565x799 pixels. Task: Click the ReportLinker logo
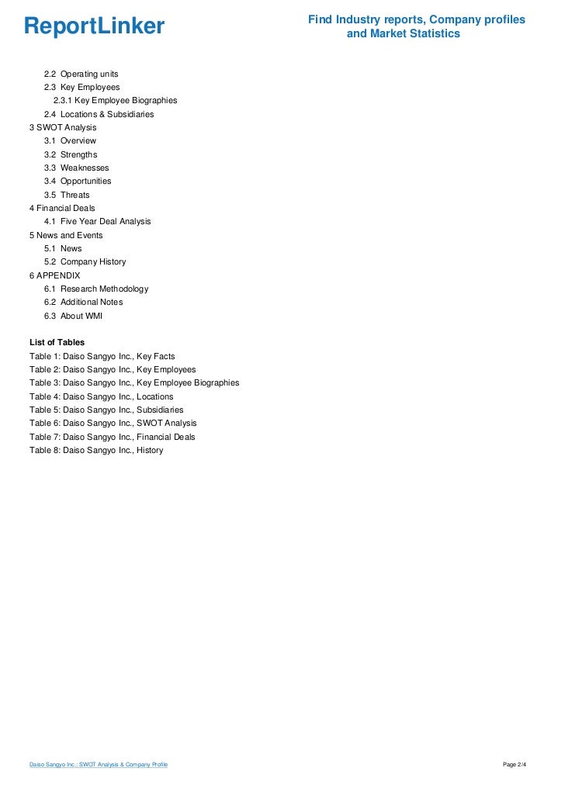coord(94,27)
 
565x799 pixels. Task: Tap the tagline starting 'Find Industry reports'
coord(416,26)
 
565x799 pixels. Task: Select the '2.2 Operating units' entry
coord(81,74)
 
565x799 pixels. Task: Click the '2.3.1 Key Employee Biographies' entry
coord(115,101)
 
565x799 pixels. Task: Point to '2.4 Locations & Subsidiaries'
coord(99,114)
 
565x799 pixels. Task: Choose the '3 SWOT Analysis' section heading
coord(63,127)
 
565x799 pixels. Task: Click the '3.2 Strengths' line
coord(71,154)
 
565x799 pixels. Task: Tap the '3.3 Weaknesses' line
coord(77,168)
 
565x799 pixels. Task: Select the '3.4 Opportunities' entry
coord(78,181)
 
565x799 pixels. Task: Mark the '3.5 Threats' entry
coord(67,195)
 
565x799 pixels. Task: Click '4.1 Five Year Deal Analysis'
coord(98,221)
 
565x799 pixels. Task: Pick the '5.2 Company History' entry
coord(85,261)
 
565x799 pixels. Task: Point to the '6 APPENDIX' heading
coord(54,275)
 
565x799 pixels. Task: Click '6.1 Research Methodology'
coord(97,289)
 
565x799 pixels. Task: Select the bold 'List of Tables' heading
coord(57,342)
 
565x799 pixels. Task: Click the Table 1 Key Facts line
coord(102,356)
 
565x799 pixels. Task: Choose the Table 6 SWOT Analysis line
coord(113,423)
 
